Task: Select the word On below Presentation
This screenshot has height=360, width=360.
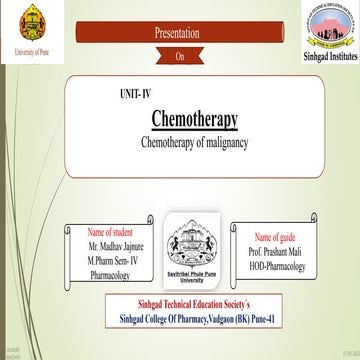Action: coord(179,57)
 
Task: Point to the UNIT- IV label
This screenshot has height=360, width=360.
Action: coord(135,93)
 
